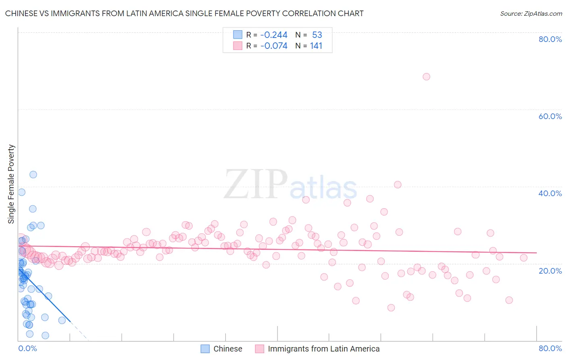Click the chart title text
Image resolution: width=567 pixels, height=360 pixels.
184,13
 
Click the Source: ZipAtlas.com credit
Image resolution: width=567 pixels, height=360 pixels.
531,13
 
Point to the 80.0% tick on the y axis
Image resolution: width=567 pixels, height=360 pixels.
550,39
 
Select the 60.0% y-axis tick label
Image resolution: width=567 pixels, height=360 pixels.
550,116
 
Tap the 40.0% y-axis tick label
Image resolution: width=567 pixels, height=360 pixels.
550,193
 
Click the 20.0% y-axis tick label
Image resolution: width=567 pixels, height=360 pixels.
550,271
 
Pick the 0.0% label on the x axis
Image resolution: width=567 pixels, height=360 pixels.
27,348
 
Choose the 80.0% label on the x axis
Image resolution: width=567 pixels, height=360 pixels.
550,348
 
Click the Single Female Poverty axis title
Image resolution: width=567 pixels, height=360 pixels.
11,184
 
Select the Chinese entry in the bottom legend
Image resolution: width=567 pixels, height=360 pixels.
227,349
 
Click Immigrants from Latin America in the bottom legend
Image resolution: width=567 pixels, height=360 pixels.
323,349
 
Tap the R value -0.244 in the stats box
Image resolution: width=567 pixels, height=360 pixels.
274,35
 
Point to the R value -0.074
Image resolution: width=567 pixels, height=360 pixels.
274,46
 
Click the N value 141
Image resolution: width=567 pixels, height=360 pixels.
316,46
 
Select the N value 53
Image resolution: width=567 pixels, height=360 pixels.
317,35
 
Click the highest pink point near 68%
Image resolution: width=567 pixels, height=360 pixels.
426,77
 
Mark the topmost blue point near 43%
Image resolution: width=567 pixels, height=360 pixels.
33,175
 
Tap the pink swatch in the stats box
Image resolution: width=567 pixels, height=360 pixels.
238,46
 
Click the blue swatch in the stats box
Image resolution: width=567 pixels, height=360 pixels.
238,35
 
